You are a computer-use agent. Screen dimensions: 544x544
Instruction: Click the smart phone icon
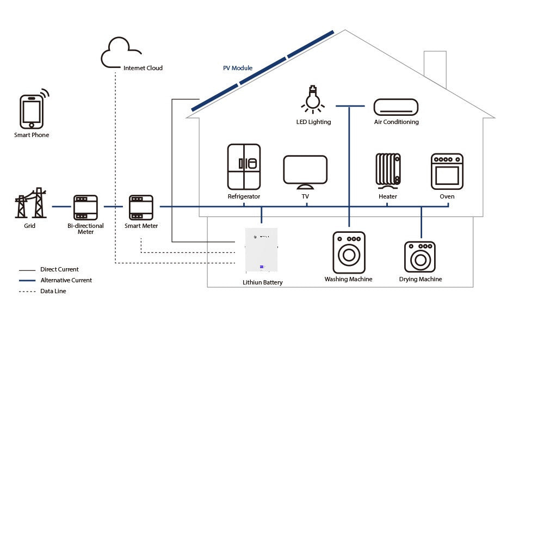32,112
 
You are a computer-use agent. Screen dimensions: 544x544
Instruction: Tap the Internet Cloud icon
120,53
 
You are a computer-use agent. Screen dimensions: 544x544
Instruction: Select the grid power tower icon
30,203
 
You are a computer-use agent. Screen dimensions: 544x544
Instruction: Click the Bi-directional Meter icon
85,207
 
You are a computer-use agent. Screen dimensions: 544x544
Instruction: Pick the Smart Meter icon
141,207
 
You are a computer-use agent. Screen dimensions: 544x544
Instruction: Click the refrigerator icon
244,166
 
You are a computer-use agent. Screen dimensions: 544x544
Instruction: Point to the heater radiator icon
388,170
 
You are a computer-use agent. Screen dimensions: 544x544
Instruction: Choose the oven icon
447,171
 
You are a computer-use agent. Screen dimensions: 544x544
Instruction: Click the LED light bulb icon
312,100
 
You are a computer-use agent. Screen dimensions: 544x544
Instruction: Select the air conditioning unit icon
396,107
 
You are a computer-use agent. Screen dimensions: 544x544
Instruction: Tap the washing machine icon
349,252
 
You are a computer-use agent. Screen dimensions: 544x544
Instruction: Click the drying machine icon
420,257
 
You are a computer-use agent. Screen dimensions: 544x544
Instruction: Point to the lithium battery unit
261,250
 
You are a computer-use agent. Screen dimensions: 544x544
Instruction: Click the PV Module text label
238,68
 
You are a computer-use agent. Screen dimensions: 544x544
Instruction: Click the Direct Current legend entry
59,269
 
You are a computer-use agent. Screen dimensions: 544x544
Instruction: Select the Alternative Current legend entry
66,280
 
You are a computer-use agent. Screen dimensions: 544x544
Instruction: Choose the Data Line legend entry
53,291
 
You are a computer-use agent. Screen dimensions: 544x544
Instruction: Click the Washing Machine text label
349,279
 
